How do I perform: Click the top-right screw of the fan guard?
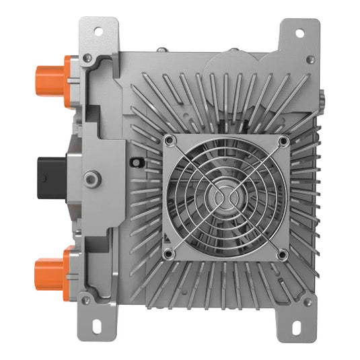(283, 141)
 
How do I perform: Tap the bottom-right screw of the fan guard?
(283, 254)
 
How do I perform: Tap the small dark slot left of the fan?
(137, 162)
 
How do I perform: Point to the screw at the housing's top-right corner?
(309, 59)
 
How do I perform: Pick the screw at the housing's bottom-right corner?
(308, 302)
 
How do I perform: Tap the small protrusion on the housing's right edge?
(320, 101)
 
